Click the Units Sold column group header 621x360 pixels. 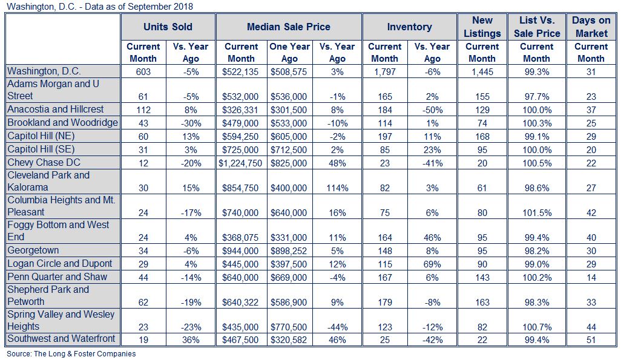tap(168, 27)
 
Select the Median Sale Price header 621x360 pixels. tap(288, 27)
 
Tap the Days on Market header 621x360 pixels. tap(591, 27)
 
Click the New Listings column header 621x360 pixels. tap(482, 27)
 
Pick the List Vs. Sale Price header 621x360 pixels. tap(537, 27)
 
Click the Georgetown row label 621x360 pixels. tap(33, 250)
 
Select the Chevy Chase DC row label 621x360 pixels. tap(44, 162)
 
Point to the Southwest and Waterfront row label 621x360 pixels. tap(61, 339)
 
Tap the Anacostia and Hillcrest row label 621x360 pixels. tap(56, 110)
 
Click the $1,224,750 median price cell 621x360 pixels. tap(240, 163)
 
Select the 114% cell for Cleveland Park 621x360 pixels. tap(337, 188)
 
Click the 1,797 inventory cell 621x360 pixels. tap(384, 72)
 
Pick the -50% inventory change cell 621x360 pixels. tap(432, 110)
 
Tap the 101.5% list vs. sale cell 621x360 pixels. tap(537, 213)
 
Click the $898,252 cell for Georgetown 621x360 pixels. tap(289, 251)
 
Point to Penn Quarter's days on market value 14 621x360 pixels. tap(591, 278)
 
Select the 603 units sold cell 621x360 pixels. tap(143, 72)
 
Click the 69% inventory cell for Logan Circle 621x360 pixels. tap(432, 264)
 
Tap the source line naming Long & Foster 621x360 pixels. tap(71, 354)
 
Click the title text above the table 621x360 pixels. tap(100, 6)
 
